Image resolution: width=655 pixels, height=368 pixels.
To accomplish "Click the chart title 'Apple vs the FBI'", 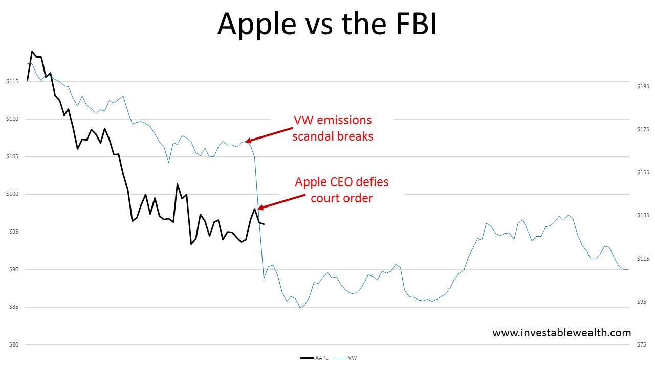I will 327,24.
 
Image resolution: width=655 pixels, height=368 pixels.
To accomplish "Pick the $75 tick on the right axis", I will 642,344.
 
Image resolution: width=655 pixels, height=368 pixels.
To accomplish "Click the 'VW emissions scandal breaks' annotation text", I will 333,128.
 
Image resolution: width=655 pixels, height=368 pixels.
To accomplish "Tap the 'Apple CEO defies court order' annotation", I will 342,190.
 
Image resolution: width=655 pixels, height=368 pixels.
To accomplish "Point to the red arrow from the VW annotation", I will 268,134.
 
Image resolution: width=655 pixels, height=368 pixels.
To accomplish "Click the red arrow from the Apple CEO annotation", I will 281,201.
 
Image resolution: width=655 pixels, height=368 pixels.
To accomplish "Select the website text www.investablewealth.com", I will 561,333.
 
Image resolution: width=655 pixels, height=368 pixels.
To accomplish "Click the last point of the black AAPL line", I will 264,224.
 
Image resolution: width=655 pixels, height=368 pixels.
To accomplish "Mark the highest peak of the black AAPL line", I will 32,51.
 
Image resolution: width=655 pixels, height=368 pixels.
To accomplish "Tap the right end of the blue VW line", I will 628,269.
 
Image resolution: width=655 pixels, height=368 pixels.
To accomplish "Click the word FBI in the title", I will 411,24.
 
